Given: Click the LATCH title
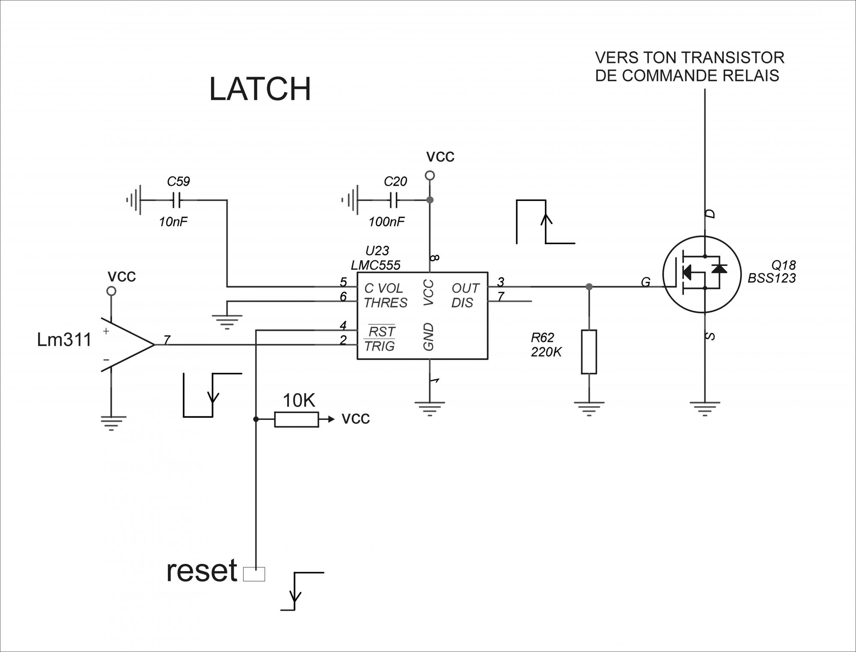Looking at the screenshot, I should [260, 89].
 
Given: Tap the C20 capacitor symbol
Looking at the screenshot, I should [393, 200].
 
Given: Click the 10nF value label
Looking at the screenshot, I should [173, 222].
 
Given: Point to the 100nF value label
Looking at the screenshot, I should [386, 222].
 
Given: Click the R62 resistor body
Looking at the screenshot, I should [589, 352].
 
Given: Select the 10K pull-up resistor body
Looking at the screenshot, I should [296, 419].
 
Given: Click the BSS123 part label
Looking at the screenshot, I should [772, 278].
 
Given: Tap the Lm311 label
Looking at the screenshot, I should [64, 340].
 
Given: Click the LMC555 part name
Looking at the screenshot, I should [375, 265].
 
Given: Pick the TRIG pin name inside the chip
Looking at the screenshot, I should [380, 346].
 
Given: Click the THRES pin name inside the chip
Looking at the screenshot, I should [385, 303].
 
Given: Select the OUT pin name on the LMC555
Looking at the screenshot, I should [465, 288].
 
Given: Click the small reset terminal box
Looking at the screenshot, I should [254, 574].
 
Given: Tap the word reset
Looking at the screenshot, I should [202, 571].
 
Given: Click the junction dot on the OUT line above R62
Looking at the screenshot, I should [589, 286].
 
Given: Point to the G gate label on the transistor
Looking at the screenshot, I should [645, 282].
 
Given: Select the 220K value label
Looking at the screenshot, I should [546, 352].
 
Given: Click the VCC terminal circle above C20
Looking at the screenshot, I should [430, 175].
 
